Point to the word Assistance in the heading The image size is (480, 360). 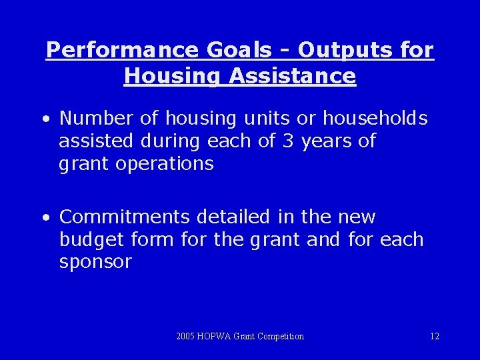click(x=293, y=76)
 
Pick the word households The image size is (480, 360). click(x=375, y=119)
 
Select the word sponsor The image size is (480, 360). click(x=95, y=262)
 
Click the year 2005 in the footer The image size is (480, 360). click(x=187, y=337)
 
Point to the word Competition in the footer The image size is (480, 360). click(x=279, y=337)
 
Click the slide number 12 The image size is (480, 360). click(x=434, y=337)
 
